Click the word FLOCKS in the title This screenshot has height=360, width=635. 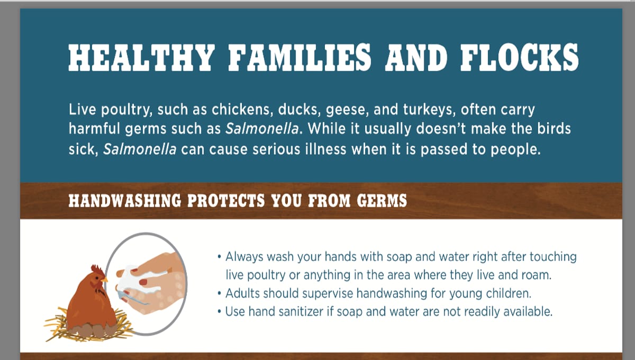pos(519,58)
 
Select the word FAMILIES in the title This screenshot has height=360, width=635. pos(300,58)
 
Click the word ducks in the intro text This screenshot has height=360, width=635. pos(300,110)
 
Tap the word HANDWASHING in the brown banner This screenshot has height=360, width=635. pos(125,201)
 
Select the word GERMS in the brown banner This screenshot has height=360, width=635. pos(382,201)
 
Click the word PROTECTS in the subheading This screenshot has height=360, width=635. pos(226,201)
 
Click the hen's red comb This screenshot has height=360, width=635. pos(97,271)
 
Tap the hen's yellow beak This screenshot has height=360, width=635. pos(105,280)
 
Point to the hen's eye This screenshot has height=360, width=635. pos(98,278)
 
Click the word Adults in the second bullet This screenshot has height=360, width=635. pos(242,293)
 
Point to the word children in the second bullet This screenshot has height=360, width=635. pos(509,293)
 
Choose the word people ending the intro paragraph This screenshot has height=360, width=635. pos(515,150)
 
